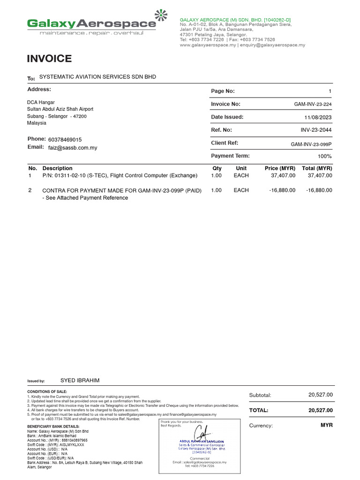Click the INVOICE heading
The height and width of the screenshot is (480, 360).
49,59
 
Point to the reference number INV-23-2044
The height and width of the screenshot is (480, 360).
316,130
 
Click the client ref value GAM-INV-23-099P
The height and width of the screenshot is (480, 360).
311,144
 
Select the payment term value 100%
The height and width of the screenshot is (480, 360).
324,156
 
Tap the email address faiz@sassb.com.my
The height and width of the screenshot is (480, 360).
73,148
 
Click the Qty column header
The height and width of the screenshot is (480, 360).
217,168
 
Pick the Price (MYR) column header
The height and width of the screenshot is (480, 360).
280,168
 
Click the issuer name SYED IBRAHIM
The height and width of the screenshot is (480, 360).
80,380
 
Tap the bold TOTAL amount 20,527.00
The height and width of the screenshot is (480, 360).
320,410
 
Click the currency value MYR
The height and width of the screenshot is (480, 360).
326,425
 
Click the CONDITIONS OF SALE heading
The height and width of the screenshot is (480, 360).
47,391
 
